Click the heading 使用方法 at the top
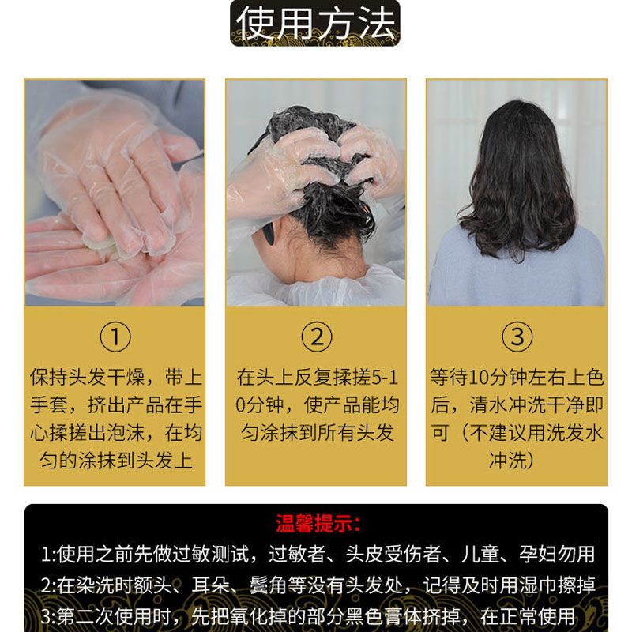click(x=315, y=24)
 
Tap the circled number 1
click(x=115, y=337)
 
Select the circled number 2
click(x=317, y=337)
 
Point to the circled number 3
click(x=517, y=337)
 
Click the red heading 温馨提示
click(x=318, y=524)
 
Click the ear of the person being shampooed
click(x=268, y=235)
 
